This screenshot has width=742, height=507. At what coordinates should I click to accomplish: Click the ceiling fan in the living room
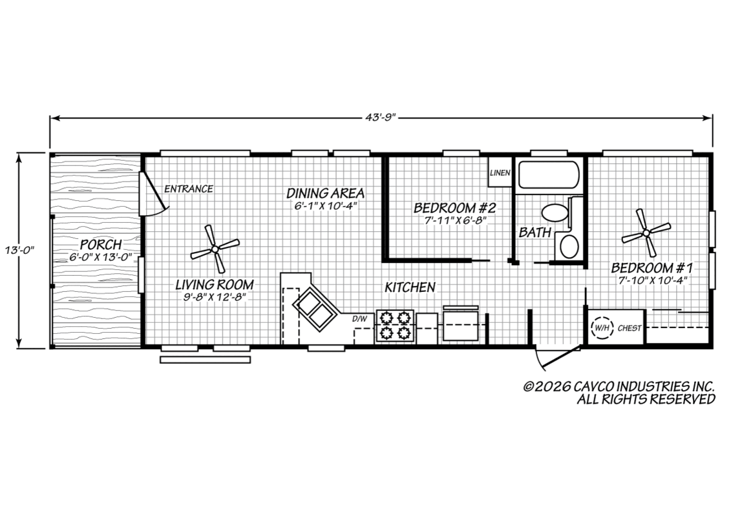point(215,249)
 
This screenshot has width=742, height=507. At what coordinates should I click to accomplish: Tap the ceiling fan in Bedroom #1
point(646,233)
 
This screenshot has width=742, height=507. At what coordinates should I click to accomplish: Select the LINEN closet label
point(500,172)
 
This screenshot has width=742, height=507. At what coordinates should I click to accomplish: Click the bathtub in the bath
point(549,176)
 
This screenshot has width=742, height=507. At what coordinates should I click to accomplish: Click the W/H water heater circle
point(602,327)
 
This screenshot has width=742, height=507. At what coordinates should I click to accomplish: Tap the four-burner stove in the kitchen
point(395,326)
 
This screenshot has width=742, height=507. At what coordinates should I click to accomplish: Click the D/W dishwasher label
point(359,319)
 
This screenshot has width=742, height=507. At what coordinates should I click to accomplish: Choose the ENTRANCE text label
point(188,189)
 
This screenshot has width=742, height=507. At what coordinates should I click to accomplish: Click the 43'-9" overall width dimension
point(381,118)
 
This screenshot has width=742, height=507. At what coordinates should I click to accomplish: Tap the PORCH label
point(101,245)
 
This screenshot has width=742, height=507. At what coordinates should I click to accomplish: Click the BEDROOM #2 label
point(455,208)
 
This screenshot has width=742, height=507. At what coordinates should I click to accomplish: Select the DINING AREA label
point(326,194)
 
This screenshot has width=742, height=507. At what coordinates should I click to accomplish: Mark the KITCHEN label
point(410,287)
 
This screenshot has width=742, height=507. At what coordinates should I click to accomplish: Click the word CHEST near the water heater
point(630,328)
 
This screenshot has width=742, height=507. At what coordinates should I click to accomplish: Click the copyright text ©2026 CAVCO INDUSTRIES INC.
point(619,386)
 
